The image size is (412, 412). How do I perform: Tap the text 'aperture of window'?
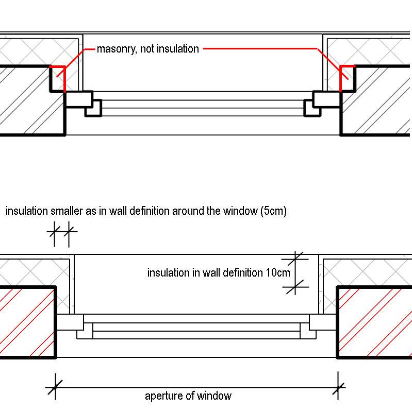point(188,396)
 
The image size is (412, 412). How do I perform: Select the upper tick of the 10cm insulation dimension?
point(296,259)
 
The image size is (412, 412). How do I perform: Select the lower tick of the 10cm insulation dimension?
point(296,287)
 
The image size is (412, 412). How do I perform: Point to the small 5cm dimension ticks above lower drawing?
point(62,232)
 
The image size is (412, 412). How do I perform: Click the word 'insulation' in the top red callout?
point(177,49)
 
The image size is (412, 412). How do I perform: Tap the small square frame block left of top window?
point(94,107)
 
